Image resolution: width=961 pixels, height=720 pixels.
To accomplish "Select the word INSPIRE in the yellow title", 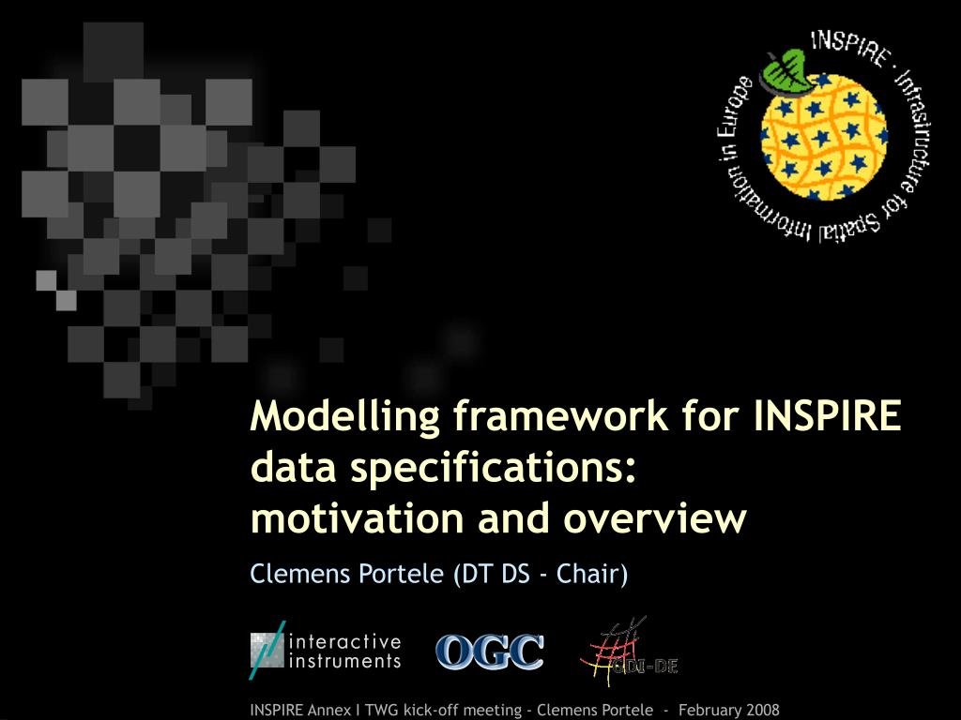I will tap(828, 415).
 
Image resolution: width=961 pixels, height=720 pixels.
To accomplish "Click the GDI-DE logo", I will tap(627, 652).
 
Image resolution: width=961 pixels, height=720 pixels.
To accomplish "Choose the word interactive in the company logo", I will tap(346, 642).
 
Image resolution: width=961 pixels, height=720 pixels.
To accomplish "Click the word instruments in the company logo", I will tap(346, 661).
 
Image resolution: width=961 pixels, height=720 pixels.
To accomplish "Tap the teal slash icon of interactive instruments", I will tap(267, 650).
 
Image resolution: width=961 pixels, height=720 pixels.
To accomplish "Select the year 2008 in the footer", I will tap(760, 710).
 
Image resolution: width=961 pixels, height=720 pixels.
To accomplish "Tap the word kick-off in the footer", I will tap(435, 710).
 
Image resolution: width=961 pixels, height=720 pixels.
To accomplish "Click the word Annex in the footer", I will tap(329, 710).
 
